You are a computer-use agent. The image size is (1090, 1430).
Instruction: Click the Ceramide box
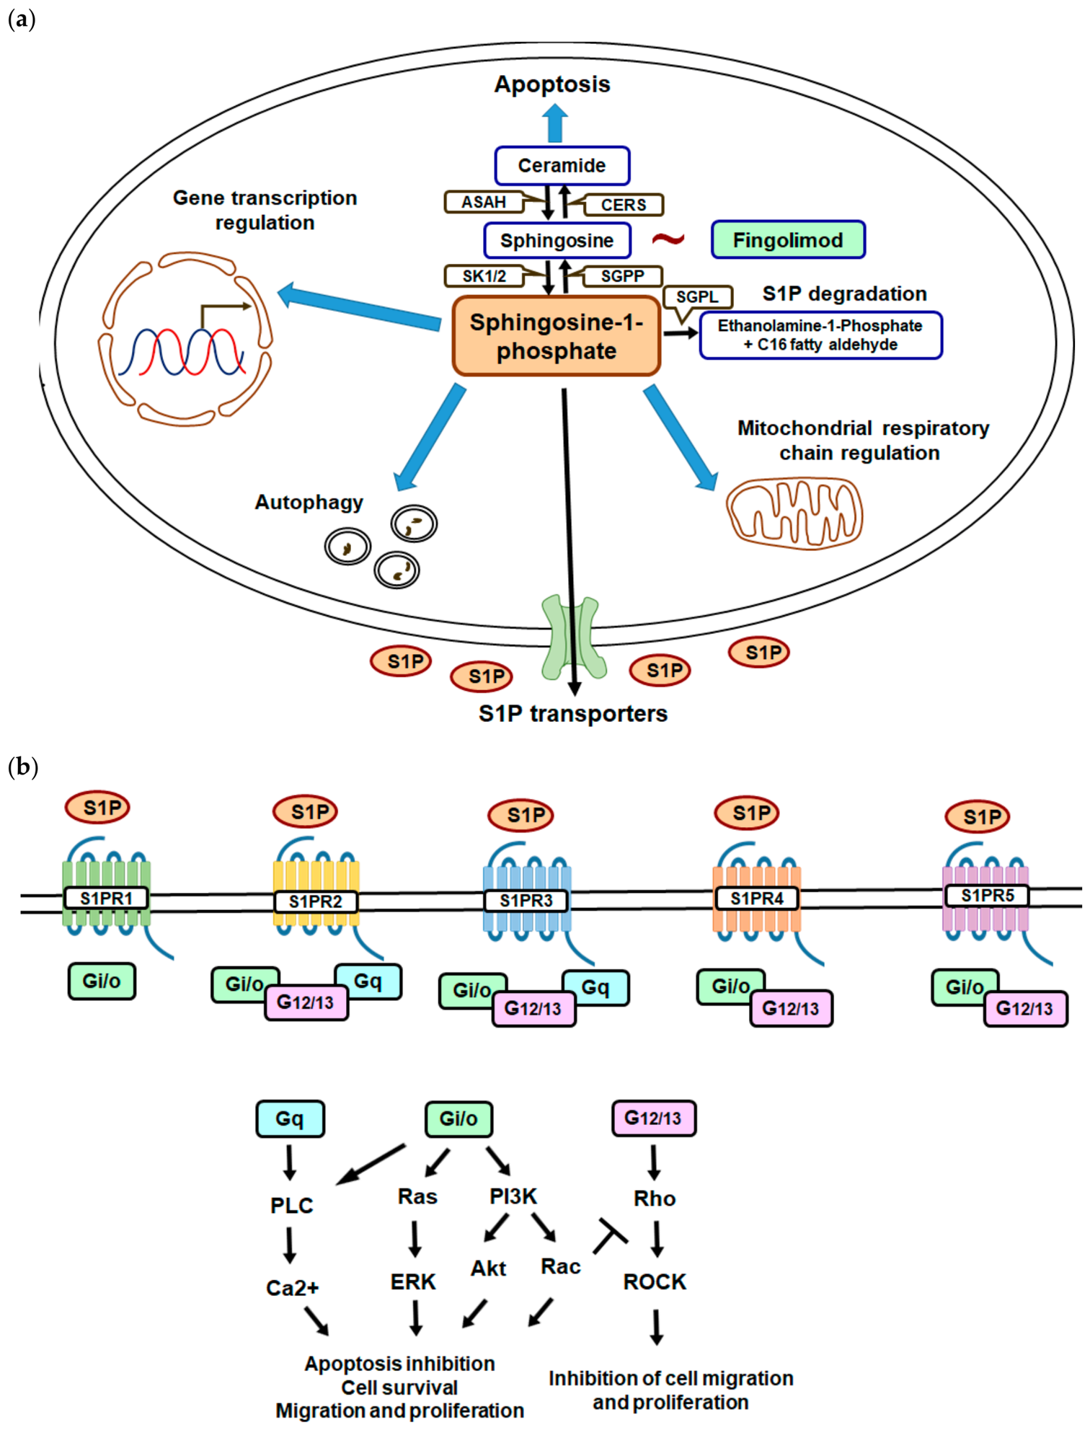pyautogui.click(x=562, y=166)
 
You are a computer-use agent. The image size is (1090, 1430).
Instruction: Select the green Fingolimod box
pyautogui.click(x=788, y=240)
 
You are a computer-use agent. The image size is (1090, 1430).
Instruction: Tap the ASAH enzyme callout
pyautogui.click(x=484, y=202)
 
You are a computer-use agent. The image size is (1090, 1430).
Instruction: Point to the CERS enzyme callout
pyautogui.click(x=624, y=205)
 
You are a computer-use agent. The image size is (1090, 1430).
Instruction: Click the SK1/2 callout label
pyautogui.click(x=484, y=276)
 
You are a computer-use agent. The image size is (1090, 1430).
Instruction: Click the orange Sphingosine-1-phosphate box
pyautogui.click(x=557, y=336)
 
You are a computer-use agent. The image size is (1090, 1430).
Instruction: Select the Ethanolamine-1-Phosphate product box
pyautogui.click(x=820, y=335)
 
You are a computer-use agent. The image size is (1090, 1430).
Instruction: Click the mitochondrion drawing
pyautogui.click(x=794, y=513)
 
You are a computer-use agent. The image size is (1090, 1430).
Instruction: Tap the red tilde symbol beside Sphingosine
pyautogui.click(x=668, y=239)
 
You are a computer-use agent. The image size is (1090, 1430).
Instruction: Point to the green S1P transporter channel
pyautogui.click(x=574, y=637)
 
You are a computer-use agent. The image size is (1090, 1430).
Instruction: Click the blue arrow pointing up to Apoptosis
pyautogui.click(x=555, y=123)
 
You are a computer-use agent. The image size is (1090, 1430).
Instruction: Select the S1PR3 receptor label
pyautogui.click(x=526, y=901)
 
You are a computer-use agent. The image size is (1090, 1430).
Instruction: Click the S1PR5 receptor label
pyautogui.click(x=988, y=896)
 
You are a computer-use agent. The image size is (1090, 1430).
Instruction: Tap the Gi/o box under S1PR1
pyautogui.click(x=102, y=981)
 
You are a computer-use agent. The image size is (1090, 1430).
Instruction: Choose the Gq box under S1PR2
pyautogui.click(x=368, y=981)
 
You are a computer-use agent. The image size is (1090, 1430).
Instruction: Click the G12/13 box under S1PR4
pyautogui.click(x=791, y=1008)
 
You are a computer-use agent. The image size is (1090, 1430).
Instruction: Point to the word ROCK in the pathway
pyautogui.click(x=655, y=1281)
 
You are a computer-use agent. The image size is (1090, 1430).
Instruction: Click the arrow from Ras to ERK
pyautogui.click(x=415, y=1239)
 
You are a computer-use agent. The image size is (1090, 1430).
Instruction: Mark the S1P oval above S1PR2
pyautogui.click(x=305, y=812)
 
